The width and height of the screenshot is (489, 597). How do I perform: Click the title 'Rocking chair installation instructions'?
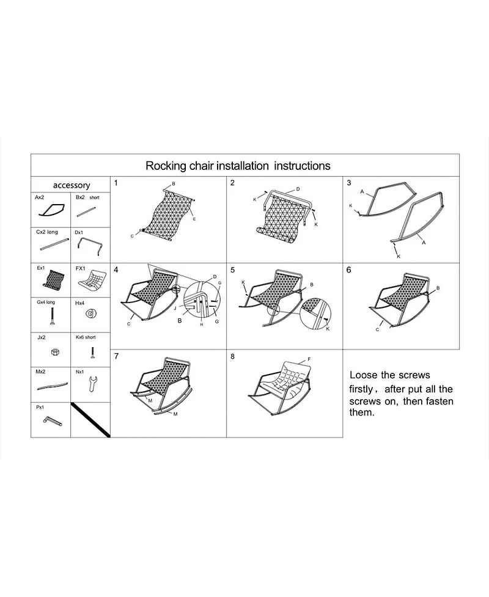click(x=238, y=166)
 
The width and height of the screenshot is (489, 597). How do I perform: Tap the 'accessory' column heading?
click(x=72, y=185)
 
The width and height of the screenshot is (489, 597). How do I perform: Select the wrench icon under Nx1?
click(x=90, y=384)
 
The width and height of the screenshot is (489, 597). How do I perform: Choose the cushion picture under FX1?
click(x=90, y=282)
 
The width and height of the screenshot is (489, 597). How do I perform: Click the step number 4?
click(x=116, y=269)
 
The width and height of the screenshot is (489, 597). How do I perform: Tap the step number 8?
click(x=232, y=356)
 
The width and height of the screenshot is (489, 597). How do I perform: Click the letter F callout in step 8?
click(x=309, y=359)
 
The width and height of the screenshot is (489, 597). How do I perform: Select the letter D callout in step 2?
click(x=298, y=189)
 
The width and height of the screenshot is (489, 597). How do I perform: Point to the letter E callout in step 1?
click(x=194, y=219)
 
